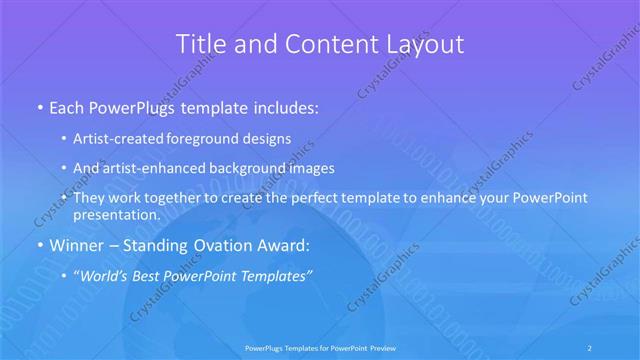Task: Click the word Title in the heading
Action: click(200, 44)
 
